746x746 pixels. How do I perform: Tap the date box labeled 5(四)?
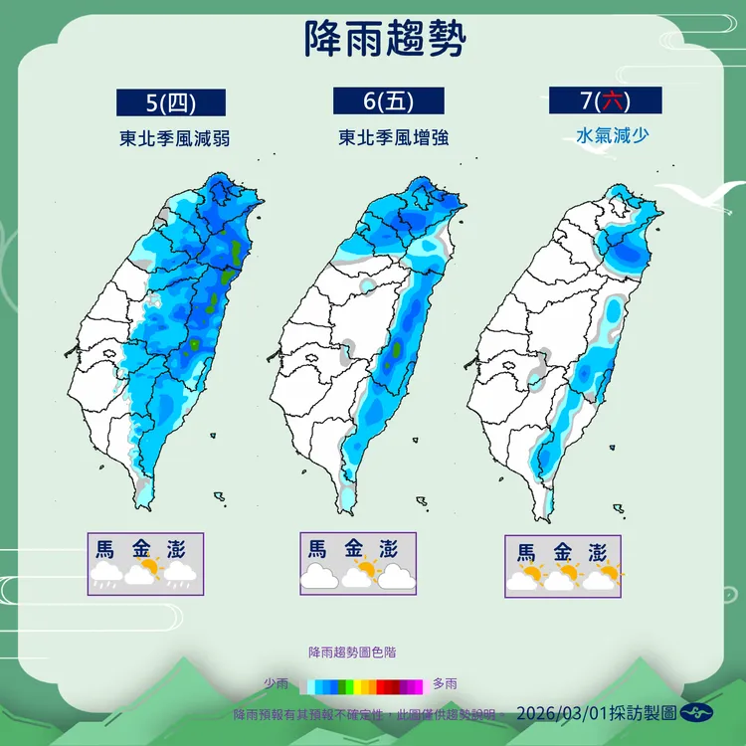coord(171,102)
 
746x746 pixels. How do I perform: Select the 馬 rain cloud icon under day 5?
coord(105,573)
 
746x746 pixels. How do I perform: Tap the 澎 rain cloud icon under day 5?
coord(180,573)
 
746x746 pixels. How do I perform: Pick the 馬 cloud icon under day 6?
coord(319,575)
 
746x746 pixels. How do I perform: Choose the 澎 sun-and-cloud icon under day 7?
coord(600,577)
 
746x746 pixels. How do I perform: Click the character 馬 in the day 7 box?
coord(527,553)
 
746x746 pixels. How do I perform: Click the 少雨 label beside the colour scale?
coord(277,684)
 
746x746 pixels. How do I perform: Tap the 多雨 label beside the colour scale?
coord(446,684)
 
